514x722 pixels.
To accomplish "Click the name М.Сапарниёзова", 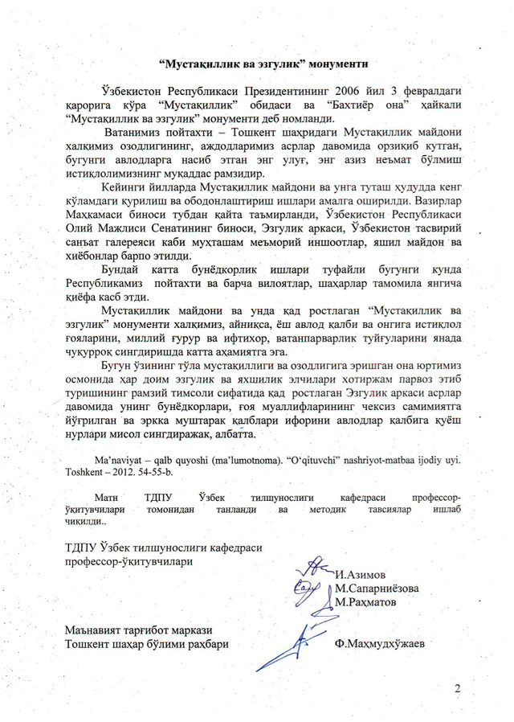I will click(377, 588).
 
